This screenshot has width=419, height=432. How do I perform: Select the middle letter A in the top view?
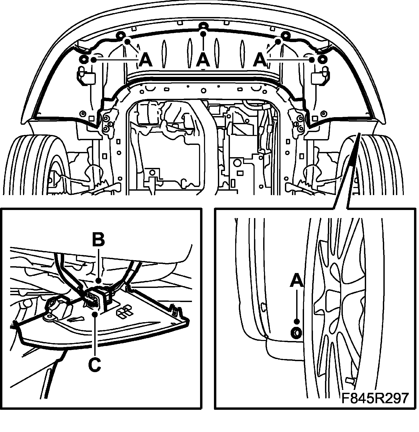click(x=203, y=60)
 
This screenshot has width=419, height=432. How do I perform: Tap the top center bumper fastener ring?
click(x=203, y=26)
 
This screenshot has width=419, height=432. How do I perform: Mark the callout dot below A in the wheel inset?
click(x=297, y=321)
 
